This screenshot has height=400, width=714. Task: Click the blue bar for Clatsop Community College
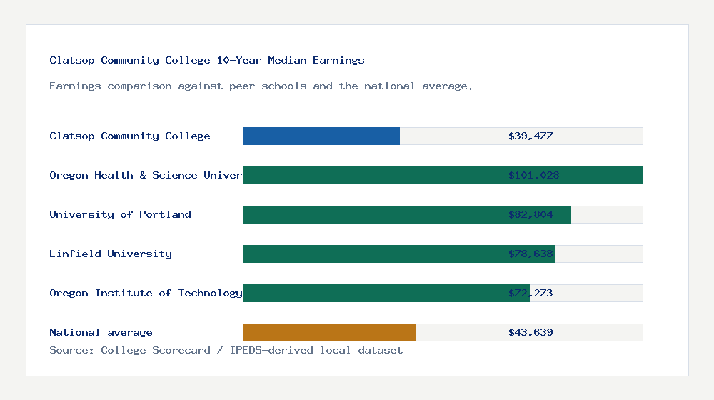coord(321,136)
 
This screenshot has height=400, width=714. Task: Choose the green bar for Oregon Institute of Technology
coord(371,293)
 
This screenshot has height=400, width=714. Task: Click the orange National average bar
coord(329,332)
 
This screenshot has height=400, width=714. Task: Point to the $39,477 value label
coord(531,136)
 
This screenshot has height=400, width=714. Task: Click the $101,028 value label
coord(533,175)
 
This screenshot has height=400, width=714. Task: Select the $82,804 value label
coord(531,214)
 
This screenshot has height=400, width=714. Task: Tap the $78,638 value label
coord(531,254)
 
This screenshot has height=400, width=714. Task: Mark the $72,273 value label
coord(531,293)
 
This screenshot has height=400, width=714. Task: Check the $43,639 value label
coord(531,332)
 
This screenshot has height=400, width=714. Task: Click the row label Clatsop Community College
coord(130,136)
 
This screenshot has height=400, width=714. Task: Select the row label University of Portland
coord(120,214)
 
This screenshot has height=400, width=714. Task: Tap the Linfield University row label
coord(111,254)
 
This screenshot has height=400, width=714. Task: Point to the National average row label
coord(101,332)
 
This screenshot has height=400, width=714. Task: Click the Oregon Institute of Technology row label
coord(146,293)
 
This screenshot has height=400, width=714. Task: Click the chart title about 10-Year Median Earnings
coord(207,60)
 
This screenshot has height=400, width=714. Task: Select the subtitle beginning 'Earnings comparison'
coord(261,86)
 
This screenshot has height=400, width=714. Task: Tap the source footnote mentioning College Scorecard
coord(226,350)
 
